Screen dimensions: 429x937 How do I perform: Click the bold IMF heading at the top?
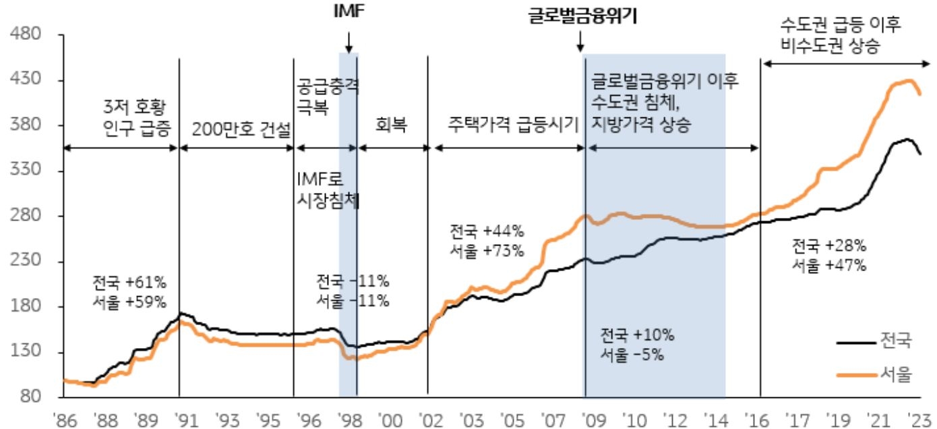point(348,11)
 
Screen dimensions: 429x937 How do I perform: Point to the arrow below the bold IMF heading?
point(348,42)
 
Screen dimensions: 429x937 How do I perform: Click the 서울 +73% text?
point(487,250)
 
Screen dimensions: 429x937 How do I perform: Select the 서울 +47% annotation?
point(829,264)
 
